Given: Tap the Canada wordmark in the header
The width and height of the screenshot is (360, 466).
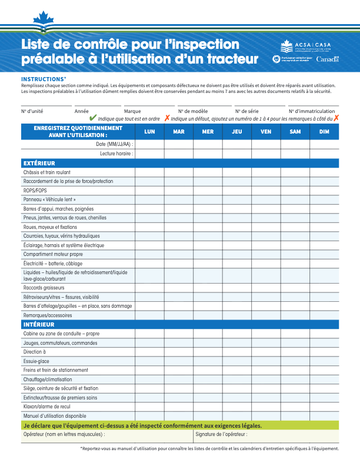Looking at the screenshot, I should (328, 59).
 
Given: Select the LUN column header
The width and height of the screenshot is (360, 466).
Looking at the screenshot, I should (149, 131).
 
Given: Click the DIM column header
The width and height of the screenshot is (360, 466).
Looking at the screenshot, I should (324, 131).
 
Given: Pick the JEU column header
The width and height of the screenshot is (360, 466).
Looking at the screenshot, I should (237, 131).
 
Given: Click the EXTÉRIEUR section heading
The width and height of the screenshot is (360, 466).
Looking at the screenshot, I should (39, 163).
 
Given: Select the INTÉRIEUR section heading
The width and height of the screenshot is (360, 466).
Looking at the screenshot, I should (39, 325).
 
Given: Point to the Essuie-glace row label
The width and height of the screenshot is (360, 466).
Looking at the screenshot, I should (36, 361).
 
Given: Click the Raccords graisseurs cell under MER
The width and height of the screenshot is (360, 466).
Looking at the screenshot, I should (208, 288).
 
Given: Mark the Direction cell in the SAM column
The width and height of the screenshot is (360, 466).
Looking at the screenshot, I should (295, 352).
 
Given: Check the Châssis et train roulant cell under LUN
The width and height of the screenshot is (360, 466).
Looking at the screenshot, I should (149, 172).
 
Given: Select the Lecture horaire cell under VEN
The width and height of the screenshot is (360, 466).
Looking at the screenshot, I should (266, 154).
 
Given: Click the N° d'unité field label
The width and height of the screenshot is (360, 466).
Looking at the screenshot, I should (32, 111).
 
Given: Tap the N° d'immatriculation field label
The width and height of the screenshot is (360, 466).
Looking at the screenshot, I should (313, 111).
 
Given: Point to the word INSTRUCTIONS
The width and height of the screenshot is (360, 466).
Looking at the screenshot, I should (42, 79).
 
